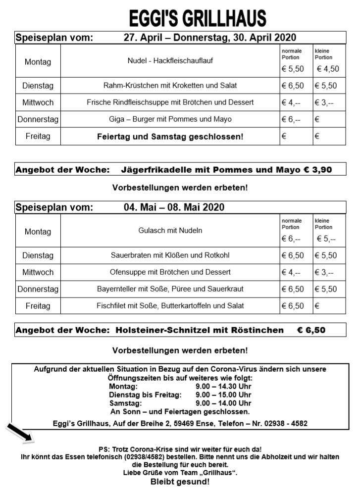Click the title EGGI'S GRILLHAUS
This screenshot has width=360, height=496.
(x=197, y=18)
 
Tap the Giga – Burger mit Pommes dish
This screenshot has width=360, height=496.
(x=170, y=119)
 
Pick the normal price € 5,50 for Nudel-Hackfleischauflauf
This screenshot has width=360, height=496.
(x=293, y=69)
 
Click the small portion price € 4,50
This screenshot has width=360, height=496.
(x=328, y=69)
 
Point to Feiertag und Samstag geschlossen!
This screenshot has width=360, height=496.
(x=170, y=136)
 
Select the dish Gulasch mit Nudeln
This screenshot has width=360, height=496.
(x=170, y=230)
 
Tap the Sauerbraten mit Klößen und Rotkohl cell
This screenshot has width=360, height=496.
(x=170, y=255)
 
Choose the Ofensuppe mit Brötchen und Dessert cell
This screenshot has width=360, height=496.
(x=170, y=272)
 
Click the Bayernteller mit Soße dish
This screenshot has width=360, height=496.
(x=170, y=289)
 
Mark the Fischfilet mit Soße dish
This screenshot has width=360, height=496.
(x=170, y=306)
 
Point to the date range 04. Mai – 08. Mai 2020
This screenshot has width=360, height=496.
(x=174, y=207)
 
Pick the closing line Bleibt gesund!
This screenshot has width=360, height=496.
(x=180, y=482)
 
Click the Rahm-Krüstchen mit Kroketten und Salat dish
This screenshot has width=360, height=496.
(x=170, y=86)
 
